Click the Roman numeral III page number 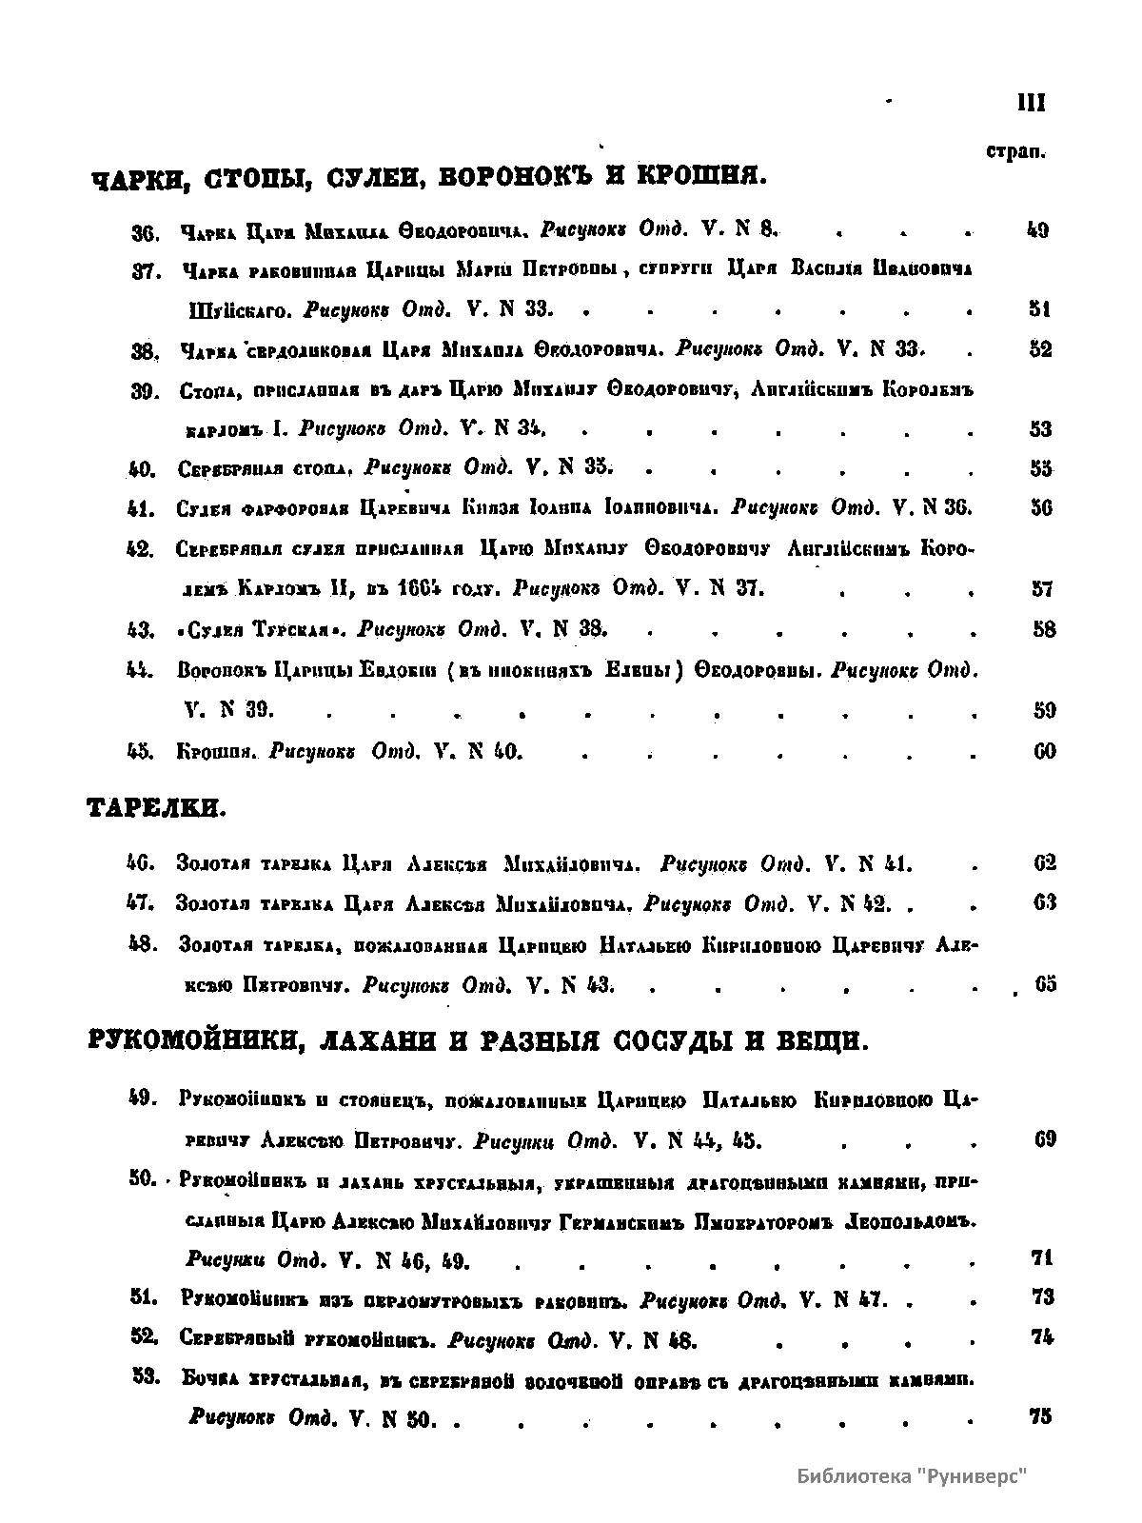1031,104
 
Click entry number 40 141,469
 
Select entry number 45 141,752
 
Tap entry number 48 142,944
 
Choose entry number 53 143,1377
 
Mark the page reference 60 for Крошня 1044,752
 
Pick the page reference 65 1045,984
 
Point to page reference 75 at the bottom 1041,1416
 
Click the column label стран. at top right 1016,151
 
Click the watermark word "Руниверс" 973,1476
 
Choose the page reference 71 1041,1257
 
